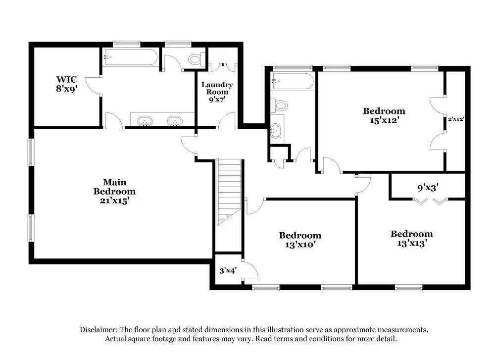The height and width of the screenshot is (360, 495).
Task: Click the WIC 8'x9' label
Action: pyautogui.click(x=66, y=84)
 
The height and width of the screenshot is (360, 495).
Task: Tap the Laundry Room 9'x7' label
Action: pyautogui.click(x=217, y=92)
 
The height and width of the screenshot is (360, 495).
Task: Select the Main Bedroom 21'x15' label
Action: pyautogui.click(x=114, y=191)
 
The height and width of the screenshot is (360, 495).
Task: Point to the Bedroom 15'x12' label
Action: pyautogui.click(x=384, y=115)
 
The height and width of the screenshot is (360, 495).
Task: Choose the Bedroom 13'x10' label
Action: pyautogui.click(x=300, y=240)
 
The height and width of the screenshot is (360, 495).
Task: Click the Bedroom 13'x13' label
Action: pyautogui.click(x=411, y=238)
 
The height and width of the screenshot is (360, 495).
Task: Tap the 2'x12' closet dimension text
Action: pyautogui.click(x=456, y=119)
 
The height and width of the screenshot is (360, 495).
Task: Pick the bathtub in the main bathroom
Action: pyautogui.click(x=131, y=57)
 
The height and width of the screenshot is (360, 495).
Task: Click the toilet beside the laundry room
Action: pyautogui.click(x=195, y=60)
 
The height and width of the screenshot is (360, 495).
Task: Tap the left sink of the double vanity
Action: pyautogui.click(x=145, y=120)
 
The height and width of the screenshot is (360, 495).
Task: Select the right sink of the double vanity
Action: pyautogui.click(x=174, y=120)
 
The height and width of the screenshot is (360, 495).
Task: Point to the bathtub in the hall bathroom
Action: pyautogui.click(x=292, y=81)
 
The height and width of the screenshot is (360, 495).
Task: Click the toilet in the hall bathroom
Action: pyautogui.click(x=280, y=105)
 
